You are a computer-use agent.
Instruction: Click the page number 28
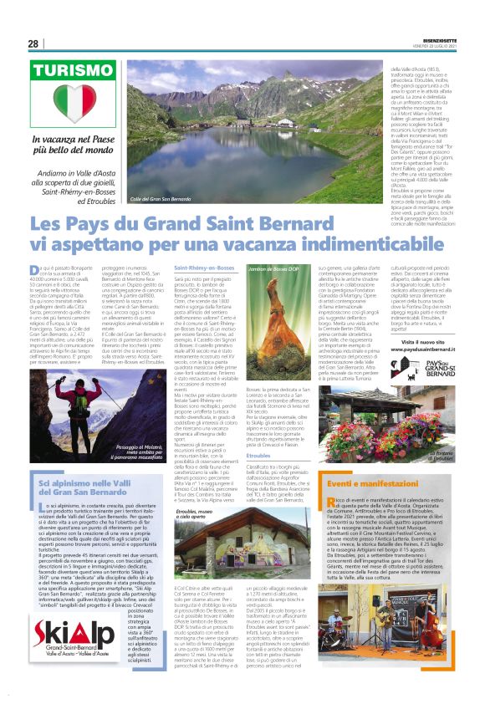click(x=33, y=44)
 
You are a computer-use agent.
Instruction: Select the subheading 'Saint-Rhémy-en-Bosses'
click(x=204, y=268)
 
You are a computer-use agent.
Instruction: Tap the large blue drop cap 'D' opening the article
click(x=35, y=268)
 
